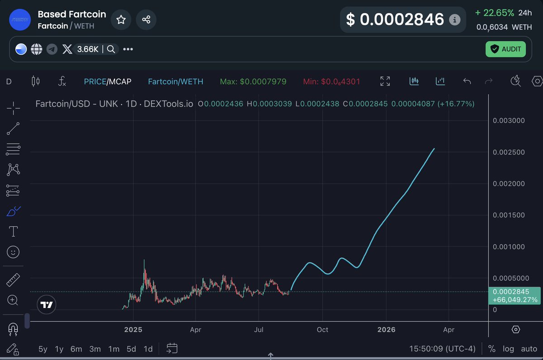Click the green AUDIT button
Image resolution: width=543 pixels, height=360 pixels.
505,49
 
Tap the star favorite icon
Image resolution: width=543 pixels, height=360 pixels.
121,19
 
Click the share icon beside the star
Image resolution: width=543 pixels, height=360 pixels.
146,19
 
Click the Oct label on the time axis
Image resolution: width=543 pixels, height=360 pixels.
323,330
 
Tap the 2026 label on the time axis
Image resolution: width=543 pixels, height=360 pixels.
386,330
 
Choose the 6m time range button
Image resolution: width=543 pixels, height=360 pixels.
76,349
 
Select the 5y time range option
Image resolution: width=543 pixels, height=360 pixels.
43,349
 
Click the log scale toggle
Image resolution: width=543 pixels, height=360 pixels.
508,349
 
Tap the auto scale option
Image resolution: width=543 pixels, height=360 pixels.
529,349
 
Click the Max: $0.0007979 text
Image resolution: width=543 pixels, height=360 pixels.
253,82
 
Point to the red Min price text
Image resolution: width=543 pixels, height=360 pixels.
332,82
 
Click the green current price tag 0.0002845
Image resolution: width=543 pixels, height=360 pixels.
515,292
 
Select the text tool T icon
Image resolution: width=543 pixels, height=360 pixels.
14,232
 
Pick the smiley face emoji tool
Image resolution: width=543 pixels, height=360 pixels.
14,252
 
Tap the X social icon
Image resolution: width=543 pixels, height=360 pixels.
67,49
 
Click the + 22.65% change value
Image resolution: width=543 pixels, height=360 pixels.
495,13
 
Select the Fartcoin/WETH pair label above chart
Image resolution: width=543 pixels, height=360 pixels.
176,82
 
